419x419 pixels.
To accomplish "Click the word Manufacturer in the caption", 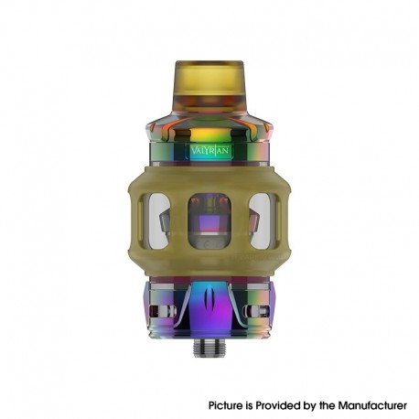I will click(374, 403).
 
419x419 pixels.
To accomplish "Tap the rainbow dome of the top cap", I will click(209, 126).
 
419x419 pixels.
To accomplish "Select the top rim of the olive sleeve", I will click(209, 167).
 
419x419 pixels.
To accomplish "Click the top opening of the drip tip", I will click(209, 65).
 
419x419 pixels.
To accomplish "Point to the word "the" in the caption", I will click(334, 403).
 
